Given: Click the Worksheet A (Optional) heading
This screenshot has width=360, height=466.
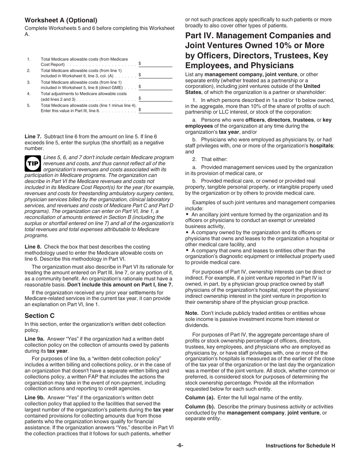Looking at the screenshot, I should (x=61, y=20).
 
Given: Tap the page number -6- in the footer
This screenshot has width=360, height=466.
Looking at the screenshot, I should (x=180, y=446).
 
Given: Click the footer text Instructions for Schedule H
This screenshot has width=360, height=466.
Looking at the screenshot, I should (x=300, y=446).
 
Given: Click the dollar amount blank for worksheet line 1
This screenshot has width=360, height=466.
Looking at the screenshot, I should (x=155, y=64).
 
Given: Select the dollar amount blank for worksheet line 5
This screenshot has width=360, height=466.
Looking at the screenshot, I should (x=155, y=110).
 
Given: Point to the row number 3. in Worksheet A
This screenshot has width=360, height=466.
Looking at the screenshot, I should (x=28, y=82).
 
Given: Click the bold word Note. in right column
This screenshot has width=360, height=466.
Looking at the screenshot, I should (x=192, y=313).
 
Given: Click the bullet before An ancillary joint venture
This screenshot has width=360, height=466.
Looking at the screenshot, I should (x=187, y=214).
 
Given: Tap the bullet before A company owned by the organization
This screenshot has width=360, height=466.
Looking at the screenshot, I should (x=187, y=233).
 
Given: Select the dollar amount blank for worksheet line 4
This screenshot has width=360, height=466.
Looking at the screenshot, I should (x=155, y=99).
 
